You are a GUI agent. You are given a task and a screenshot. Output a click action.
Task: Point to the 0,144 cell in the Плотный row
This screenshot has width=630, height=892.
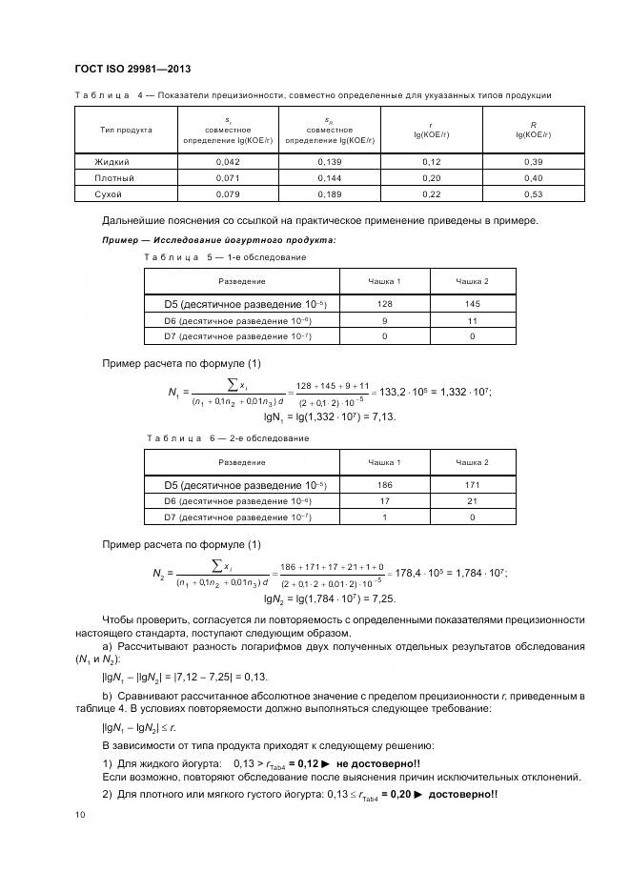click(x=329, y=178)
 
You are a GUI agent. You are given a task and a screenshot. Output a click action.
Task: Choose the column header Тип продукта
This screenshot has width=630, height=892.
click(x=126, y=130)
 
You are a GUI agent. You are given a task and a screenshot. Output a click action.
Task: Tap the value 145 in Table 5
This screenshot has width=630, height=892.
click(x=472, y=304)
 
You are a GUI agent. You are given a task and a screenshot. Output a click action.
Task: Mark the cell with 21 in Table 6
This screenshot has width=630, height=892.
click(x=472, y=500)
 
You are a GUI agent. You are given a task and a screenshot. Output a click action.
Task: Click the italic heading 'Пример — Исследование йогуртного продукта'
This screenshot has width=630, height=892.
click(x=218, y=240)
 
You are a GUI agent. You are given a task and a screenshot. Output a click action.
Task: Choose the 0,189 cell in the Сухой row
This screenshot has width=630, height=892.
click(x=329, y=194)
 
